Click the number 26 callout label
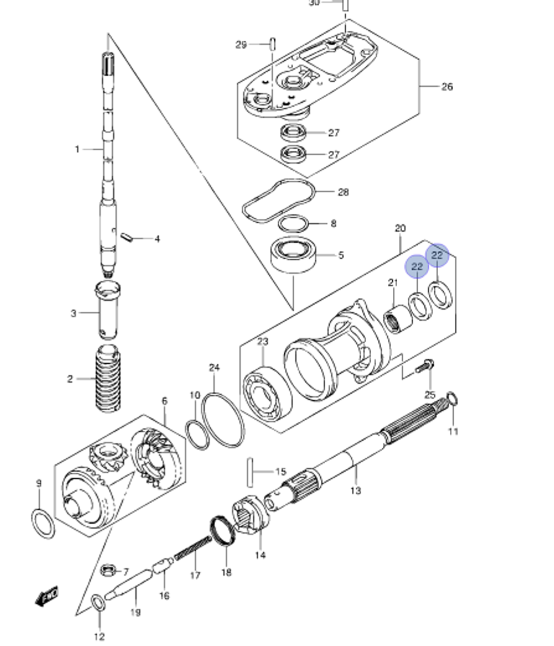[x=447, y=87]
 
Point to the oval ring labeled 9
[x=43, y=523]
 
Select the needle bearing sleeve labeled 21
[x=398, y=321]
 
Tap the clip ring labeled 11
[x=452, y=398]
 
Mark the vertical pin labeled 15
[x=250, y=471]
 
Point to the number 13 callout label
[x=355, y=490]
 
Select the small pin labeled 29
[x=273, y=44]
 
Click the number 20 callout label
[x=400, y=228]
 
